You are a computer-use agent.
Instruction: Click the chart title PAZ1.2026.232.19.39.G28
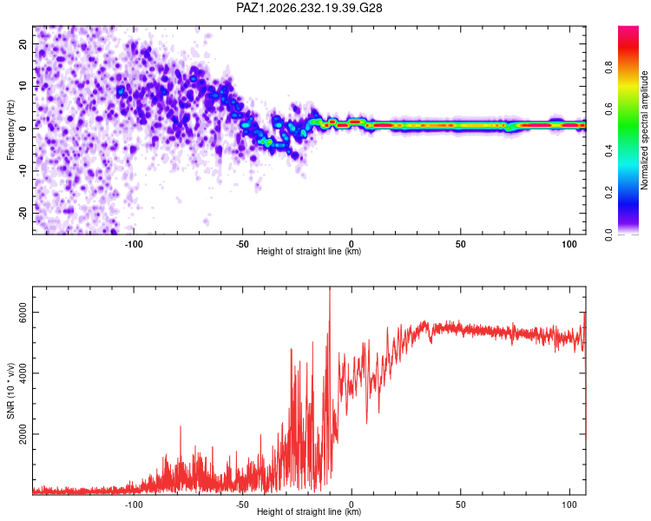(309, 8)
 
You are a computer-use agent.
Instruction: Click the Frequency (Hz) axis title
(10, 130)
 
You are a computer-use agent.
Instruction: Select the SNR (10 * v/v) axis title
(10, 391)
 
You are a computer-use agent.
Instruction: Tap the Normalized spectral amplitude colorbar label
(644, 130)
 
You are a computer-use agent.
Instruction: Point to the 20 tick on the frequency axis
(23, 43)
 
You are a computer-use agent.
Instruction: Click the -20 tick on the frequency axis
(23, 214)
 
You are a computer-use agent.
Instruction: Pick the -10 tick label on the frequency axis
(23, 171)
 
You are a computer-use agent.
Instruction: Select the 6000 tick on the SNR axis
(23, 313)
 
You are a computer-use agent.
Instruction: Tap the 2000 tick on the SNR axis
(23, 434)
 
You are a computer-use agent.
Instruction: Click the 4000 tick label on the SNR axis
(23, 373)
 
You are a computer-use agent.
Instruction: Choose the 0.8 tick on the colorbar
(608, 68)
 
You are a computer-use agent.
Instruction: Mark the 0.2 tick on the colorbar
(608, 193)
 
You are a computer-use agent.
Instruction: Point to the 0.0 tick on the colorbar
(608, 234)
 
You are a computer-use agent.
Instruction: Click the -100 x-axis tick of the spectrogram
(134, 244)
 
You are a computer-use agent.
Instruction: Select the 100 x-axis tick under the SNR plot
(569, 505)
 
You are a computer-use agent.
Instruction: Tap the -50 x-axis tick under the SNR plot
(242, 505)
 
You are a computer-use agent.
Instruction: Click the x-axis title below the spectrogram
(309, 251)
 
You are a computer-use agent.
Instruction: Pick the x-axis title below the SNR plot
(309, 511)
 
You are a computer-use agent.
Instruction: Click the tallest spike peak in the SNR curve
(330, 287)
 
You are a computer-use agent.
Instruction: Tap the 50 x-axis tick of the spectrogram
(460, 244)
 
